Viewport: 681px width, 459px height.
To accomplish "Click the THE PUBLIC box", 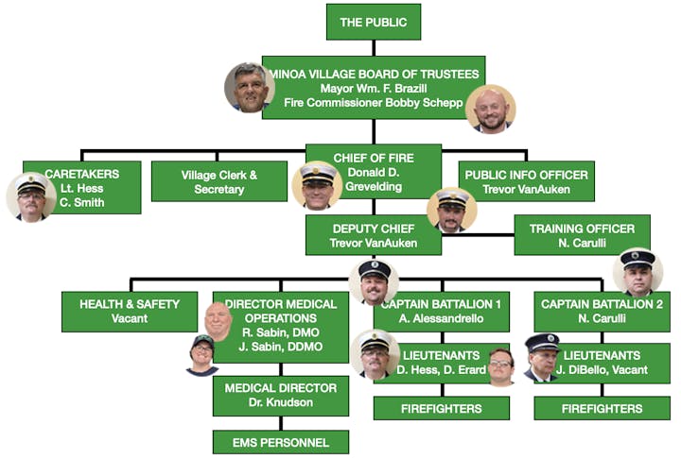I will click(x=373, y=22).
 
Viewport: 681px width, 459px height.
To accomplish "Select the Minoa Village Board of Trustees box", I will click(x=374, y=87).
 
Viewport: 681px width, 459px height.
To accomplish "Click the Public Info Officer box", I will click(x=526, y=180).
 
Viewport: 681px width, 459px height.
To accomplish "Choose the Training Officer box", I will click(x=582, y=235).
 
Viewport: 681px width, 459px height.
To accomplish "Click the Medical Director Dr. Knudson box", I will click(x=280, y=394).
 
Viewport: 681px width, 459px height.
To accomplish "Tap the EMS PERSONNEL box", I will click(x=280, y=442).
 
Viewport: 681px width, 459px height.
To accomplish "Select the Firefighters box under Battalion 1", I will click(x=442, y=408).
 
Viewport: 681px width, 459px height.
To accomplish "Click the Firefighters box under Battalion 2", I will click(x=602, y=408).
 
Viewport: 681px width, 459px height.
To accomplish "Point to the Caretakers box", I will click(x=82, y=187).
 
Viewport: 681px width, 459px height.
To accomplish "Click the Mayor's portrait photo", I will click(x=249, y=88).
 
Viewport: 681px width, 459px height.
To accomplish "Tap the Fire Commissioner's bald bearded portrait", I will click(x=491, y=109).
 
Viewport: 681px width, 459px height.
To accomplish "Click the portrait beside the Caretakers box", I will click(x=30, y=196).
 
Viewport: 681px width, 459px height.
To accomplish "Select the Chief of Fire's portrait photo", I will click(x=317, y=185).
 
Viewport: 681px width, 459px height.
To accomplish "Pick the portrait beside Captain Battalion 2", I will click(x=637, y=273).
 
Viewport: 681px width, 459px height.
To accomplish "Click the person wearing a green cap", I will click(x=202, y=355).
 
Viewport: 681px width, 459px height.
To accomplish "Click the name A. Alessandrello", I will click(x=442, y=319).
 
